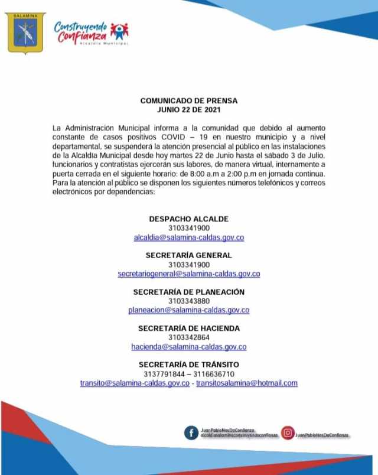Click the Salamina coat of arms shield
[x=25, y=33]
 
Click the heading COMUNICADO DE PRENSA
[x=189, y=101]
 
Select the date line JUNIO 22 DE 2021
[x=189, y=110]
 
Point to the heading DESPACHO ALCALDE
[x=189, y=219]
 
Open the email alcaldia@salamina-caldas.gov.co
[x=189, y=237]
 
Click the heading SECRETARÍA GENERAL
[x=189, y=255]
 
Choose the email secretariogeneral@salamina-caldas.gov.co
[x=189, y=274]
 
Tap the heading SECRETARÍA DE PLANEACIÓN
[x=189, y=292]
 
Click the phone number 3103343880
[x=189, y=301]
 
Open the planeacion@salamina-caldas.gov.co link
[x=189, y=310]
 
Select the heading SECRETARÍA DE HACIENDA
[x=189, y=328]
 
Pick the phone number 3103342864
[x=189, y=337]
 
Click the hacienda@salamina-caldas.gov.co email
[x=189, y=347]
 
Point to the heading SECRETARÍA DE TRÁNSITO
[x=189, y=365]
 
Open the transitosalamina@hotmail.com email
[x=247, y=383]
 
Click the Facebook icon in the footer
[x=191, y=434]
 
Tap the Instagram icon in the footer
[x=288, y=434]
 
